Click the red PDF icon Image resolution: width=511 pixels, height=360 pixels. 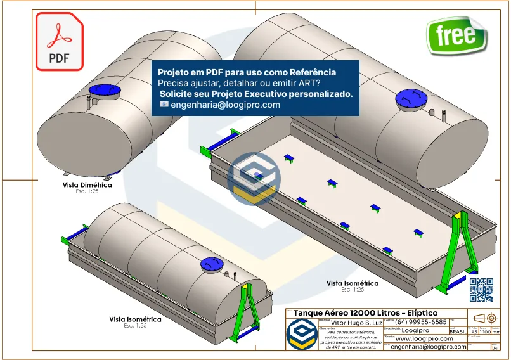59,42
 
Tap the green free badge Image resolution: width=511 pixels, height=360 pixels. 456,35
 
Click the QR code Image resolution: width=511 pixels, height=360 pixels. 481,289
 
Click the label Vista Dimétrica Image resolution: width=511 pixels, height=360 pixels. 87,185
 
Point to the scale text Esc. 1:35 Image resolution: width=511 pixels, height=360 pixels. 135,326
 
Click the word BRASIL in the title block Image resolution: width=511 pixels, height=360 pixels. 458,331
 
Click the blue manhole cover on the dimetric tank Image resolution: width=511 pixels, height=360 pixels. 100,91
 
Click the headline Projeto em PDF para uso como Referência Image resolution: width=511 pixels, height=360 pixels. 247,72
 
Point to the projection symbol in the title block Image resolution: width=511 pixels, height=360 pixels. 484,317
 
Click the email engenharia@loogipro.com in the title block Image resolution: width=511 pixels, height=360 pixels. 429,347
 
